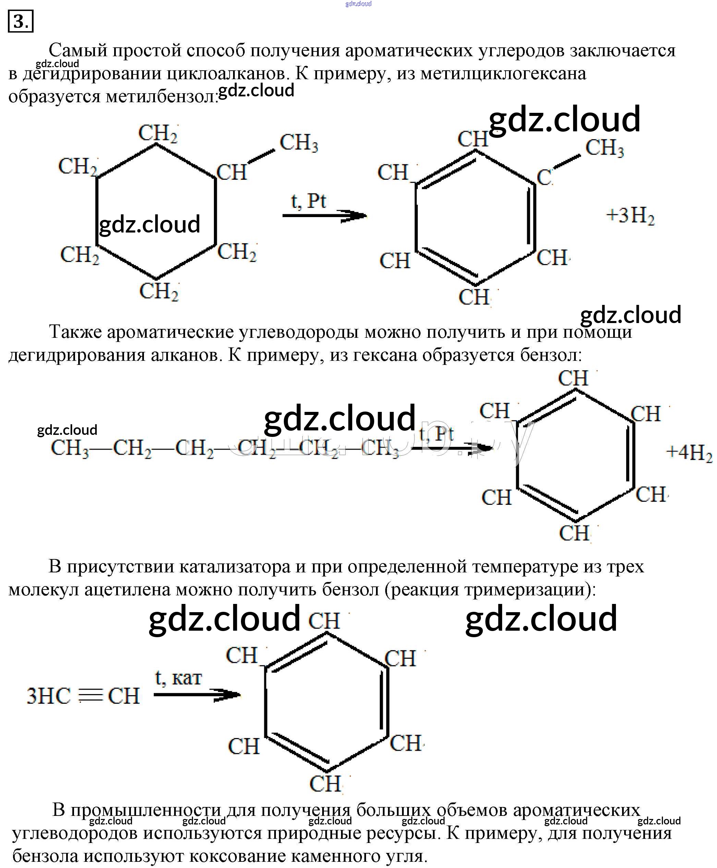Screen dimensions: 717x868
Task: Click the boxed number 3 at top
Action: point(20,22)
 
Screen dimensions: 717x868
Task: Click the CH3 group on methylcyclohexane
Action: point(299,143)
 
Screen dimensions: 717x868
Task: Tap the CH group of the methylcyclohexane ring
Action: point(231,173)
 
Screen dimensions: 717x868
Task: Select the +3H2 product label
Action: point(630,216)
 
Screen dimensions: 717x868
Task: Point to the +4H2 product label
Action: point(689,452)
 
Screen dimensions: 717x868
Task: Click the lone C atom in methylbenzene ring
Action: point(544,178)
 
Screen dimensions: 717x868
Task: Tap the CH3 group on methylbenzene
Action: point(605,148)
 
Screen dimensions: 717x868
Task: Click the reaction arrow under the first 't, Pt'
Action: point(324,215)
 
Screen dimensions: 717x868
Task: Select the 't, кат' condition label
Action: point(179,678)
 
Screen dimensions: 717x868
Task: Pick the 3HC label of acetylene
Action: point(49,696)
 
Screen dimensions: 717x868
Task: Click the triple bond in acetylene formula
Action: point(90,696)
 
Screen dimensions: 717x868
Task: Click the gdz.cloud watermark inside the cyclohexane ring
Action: point(149,224)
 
